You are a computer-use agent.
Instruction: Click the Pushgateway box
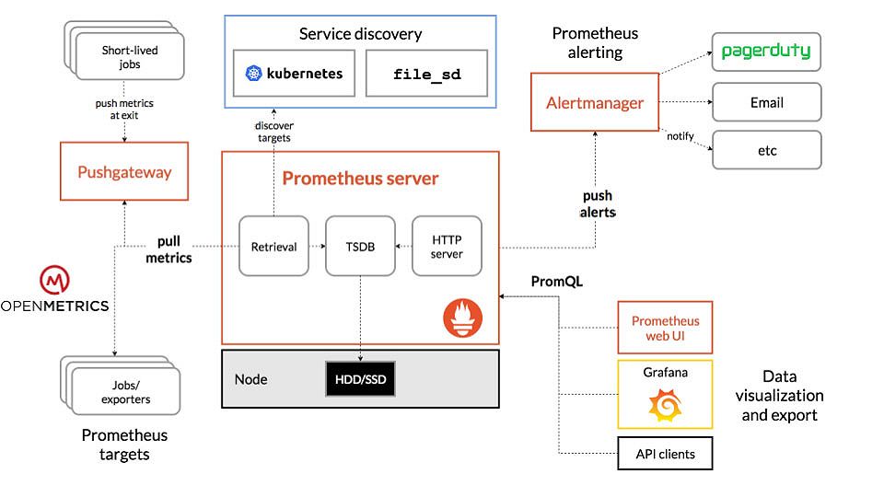point(124,171)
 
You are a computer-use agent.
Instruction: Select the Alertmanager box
point(595,102)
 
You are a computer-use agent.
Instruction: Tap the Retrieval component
point(274,247)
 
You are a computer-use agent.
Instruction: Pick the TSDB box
point(360,247)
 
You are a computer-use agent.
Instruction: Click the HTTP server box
point(448,247)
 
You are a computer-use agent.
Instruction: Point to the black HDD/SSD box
point(360,379)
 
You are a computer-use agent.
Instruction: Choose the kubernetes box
point(295,74)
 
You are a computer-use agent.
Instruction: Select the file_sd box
point(426,74)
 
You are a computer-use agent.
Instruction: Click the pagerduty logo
point(766,52)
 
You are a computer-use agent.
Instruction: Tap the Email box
point(767,102)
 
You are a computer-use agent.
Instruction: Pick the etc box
point(767,150)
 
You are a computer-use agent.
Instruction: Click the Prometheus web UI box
point(665,328)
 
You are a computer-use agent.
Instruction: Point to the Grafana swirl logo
point(665,405)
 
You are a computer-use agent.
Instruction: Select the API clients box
point(665,454)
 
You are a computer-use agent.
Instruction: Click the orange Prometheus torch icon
point(463,318)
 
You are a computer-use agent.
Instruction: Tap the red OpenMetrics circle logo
point(54,280)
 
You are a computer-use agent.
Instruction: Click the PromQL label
point(557,282)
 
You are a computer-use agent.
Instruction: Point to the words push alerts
point(598,203)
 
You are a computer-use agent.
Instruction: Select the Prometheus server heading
point(360,178)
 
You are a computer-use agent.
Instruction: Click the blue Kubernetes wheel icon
point(254,74)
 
